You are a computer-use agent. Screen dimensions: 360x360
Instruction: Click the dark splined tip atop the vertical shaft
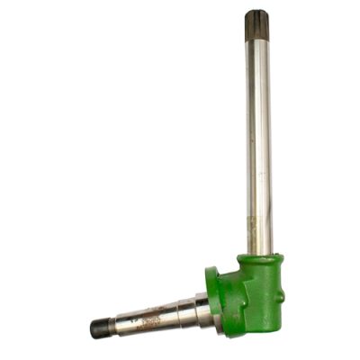click(x=257, y=25)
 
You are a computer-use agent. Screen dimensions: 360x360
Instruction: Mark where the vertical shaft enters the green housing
click(x=260, y=255)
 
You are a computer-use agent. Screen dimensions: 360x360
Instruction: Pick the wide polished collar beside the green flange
click(x=200, y=310)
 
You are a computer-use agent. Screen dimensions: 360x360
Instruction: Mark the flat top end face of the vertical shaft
click(x=257, y=12)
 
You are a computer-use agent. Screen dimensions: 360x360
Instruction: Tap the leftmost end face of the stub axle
click(x=92, y=328)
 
